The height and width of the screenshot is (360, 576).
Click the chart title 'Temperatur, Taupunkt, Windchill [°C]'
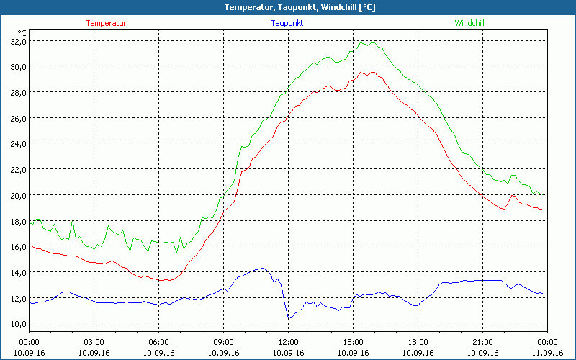[289, 7]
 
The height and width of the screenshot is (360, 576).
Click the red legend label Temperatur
[106, 23]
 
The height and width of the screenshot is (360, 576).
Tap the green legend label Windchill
[469, 23]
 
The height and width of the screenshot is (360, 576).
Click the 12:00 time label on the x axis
[288, 342]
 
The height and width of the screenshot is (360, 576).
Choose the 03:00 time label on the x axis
[94, 342]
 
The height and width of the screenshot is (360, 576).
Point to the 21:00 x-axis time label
[482, 342]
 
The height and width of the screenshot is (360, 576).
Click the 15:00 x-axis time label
[353, 342]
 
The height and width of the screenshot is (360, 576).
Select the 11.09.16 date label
[546, 353]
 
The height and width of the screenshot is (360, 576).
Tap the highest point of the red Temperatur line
[364, 71]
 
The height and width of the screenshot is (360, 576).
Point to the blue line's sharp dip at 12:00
[289, 318]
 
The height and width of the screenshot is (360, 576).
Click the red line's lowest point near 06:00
[166, 280]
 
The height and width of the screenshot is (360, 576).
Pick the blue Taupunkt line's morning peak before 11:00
[263, 269]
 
